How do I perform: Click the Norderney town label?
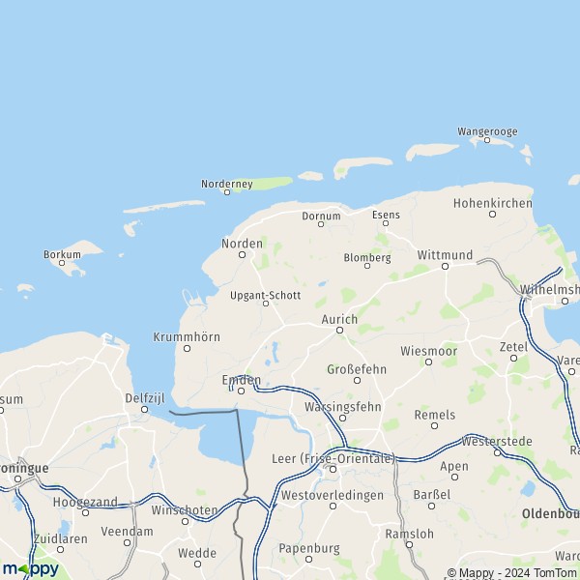pyautogui.click(x=226, y=184)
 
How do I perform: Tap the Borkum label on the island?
pyautogui.click(x=62, y=255)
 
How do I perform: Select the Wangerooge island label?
pyautogui.click(x=488, y=131)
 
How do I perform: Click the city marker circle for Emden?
pyautogui.click(x=242, y=391)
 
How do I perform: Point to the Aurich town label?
pyautogui.click(x=339, y=319)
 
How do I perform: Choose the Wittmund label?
pyautogui.click(x=445, y=255)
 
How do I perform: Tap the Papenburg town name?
pyautogui.click(x=309, y=547)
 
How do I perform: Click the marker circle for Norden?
pyautogui.click(x=242, y=254)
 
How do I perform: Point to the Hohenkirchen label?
pyautogui.click(x=493, y=203)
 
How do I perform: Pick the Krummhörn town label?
pyautogui.click(x=187, y=336)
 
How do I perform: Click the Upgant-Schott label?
pyautogui.click(x=266, y=295)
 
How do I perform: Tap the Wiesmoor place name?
pyautogui.click(x=428, y=350)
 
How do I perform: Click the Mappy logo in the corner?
pyautogui.click(x=30, y=568)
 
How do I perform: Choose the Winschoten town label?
pyautogui.click(x=184, y=508)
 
